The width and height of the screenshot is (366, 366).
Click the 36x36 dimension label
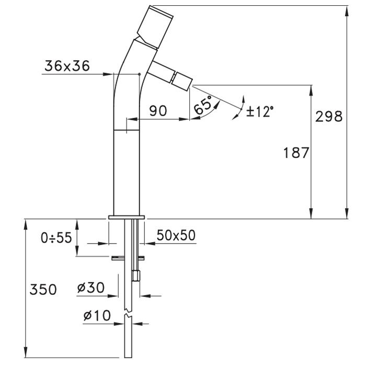67,66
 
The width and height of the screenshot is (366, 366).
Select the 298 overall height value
329,117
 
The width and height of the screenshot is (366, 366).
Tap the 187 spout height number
296,153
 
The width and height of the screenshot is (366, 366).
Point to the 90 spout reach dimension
158,111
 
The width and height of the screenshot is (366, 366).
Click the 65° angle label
203,105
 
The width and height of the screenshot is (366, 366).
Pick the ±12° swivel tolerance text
259,111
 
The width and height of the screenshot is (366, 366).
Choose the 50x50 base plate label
176,235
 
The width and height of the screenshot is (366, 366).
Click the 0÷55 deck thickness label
56,238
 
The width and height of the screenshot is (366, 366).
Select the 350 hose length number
43,290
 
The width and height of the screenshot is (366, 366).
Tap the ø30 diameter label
91,288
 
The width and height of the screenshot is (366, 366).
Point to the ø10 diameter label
97,316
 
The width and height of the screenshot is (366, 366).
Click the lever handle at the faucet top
155,26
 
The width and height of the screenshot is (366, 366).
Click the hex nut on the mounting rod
135,276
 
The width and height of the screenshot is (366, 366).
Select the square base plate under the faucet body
127,218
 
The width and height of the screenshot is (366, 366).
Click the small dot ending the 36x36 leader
140,74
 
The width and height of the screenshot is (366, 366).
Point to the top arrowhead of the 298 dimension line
347,10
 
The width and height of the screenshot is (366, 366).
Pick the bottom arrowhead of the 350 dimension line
26,352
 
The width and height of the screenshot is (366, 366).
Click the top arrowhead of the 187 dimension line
311,90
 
